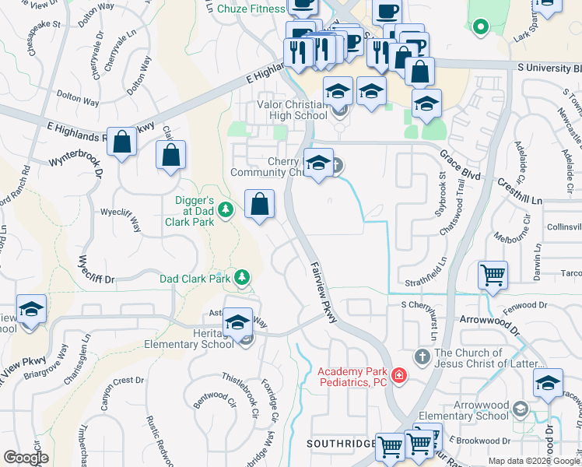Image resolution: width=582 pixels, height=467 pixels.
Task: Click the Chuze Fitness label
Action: click(x=250, y=9)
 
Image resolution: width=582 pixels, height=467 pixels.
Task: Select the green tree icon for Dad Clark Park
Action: click(x=243, y=277)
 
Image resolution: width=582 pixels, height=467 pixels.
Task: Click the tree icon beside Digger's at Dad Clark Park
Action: click(x=226, y=209)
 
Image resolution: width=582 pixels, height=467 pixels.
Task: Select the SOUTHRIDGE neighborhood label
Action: click(x=342, y=443)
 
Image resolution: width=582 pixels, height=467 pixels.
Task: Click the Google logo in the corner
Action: click(x=26, y=457)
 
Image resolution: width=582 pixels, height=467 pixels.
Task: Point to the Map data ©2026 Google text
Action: click(x=534, y=461)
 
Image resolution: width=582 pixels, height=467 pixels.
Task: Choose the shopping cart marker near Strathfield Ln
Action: click(x=493, y=276)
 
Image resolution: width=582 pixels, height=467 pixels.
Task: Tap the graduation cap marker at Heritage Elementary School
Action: click(x=237, y=323)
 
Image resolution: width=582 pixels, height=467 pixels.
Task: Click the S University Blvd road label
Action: click(x=548, y=68)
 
